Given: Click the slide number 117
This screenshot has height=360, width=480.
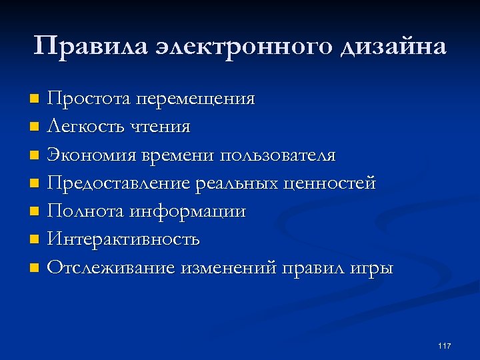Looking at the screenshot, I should coord(445,345).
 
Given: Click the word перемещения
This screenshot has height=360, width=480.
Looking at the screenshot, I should coord(195,99).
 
